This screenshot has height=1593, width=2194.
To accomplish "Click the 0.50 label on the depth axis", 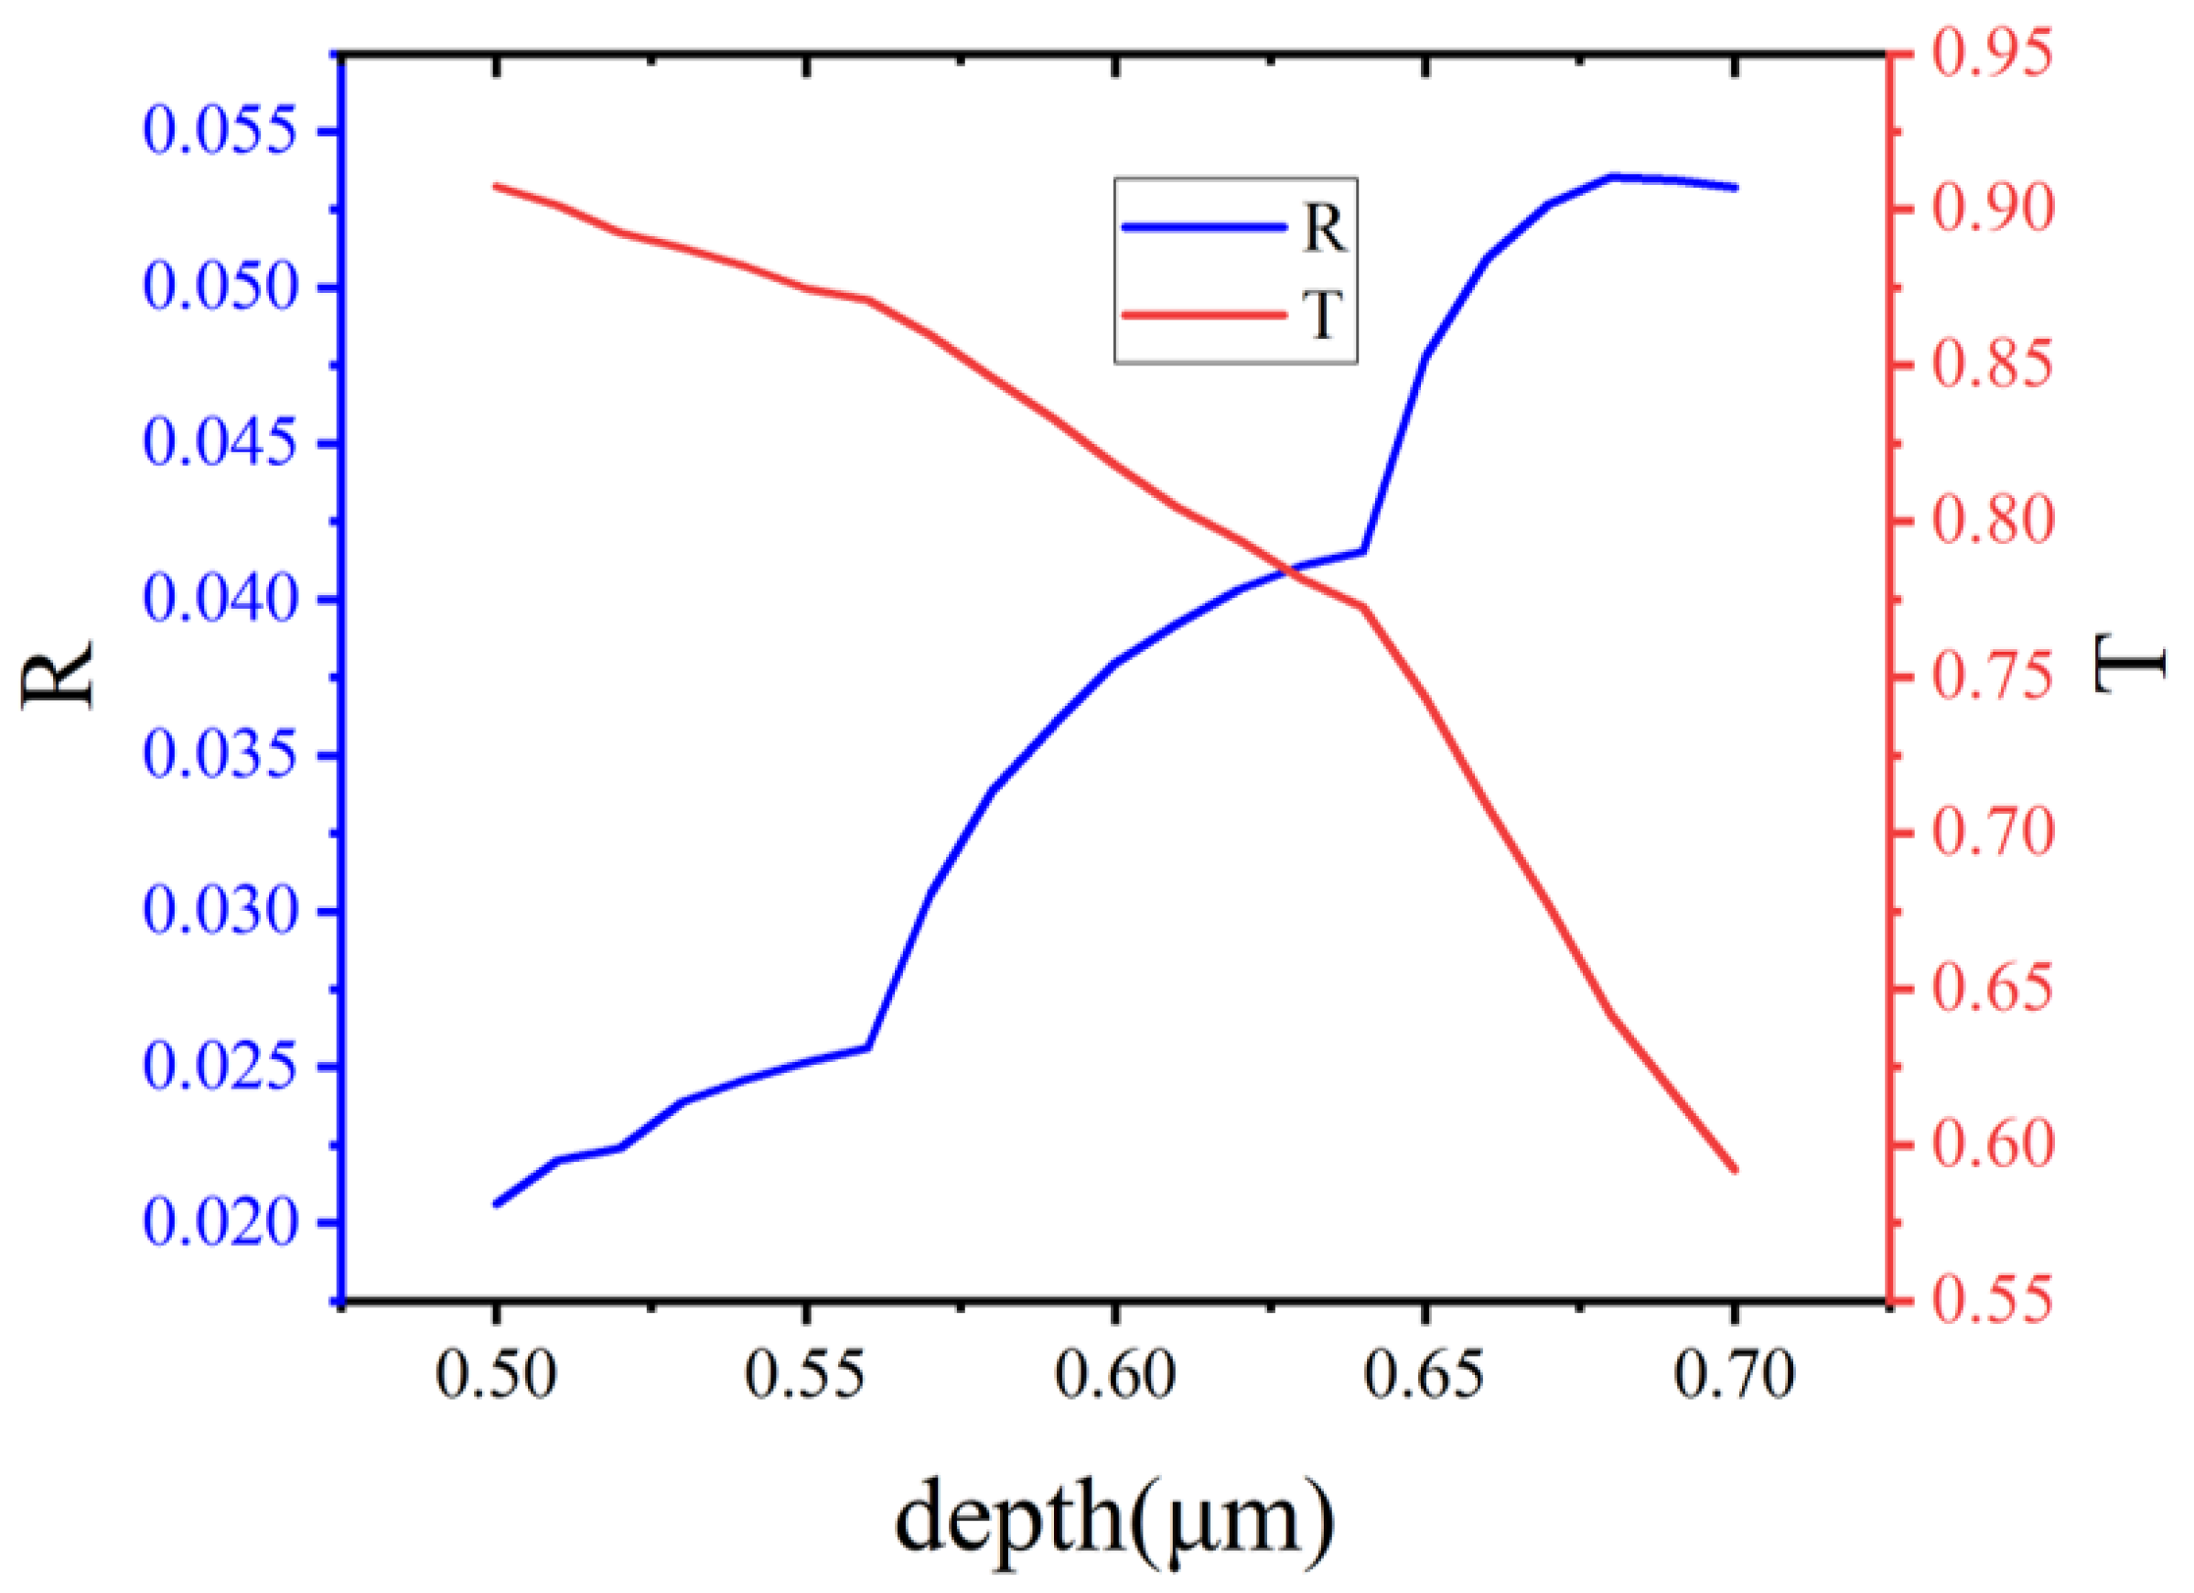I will point(496,1375).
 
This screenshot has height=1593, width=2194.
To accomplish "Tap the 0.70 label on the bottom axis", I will point(1734,1375).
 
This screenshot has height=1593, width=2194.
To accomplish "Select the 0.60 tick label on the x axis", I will point(1114,1375).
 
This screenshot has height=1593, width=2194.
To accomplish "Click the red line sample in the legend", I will point(1203,315).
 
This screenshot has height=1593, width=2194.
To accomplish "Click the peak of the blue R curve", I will point(1613,176).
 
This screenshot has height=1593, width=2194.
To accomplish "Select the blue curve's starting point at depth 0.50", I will point(496,1204).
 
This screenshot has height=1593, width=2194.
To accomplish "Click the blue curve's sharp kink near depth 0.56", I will point(867,1047).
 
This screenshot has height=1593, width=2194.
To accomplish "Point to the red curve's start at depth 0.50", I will point(496,185).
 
